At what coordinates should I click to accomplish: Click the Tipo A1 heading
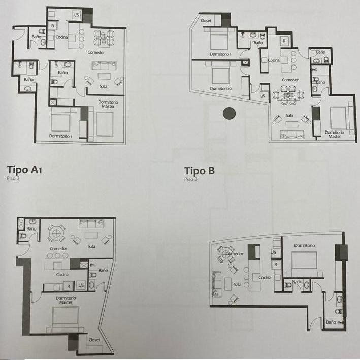24,170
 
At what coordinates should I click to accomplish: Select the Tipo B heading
199,171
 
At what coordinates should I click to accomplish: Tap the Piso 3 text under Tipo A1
13,178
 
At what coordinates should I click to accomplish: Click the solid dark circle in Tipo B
229,113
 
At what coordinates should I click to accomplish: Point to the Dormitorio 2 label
221,89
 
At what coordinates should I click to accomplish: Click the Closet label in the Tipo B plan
206,21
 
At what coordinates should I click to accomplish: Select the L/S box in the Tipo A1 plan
76,15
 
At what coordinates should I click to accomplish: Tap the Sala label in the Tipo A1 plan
103,86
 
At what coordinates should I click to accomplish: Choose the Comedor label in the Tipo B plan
290,80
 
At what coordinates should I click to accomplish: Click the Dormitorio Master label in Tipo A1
108,104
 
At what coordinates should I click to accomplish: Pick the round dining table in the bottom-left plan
56,233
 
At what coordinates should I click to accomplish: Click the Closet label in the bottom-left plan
94,340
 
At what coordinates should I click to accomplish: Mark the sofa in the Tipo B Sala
292,135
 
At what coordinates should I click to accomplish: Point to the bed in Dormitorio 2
220,73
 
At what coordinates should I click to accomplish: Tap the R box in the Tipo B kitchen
284,41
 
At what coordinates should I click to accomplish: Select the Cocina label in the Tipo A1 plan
61,37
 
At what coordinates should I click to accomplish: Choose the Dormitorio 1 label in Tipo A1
60,136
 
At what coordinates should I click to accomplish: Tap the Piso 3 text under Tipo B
190,179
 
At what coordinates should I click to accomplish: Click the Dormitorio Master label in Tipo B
334,135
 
